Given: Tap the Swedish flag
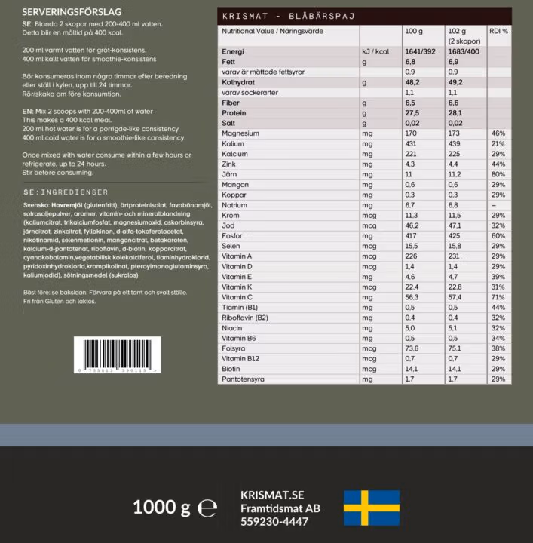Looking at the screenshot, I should click(372, 508).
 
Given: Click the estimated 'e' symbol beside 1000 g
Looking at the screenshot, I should click(207, 508).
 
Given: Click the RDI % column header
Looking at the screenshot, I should click(498, 32).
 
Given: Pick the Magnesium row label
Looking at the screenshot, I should click(240, 133).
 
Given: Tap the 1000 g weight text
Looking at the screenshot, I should click(161, 508).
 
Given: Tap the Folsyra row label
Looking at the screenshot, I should click(233, 348).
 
